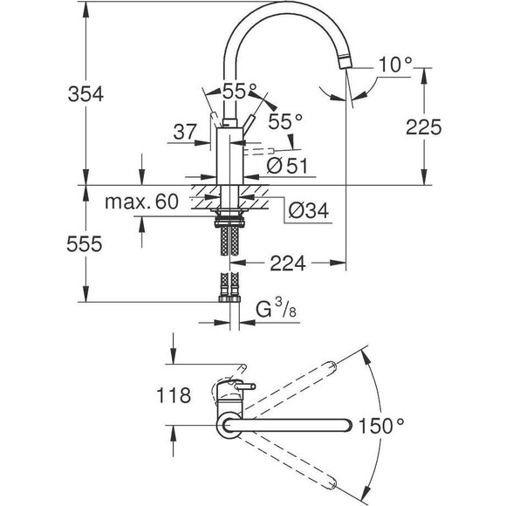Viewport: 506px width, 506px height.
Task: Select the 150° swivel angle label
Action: (384, 426)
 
